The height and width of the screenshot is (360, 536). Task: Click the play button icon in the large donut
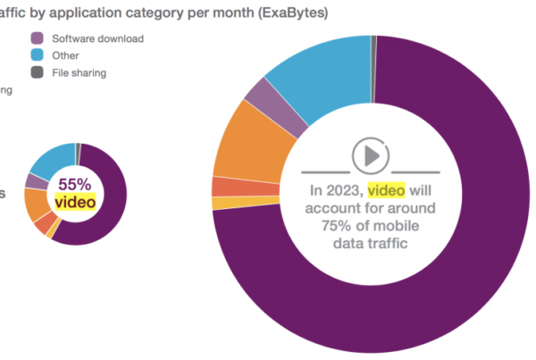coord(369,155)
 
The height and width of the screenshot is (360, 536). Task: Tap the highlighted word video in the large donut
coord(386,190)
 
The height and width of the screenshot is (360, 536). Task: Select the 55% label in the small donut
coord(74,183)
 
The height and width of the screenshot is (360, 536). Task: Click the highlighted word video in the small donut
coord(74,202)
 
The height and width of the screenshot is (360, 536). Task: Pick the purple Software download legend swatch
coord(38,39)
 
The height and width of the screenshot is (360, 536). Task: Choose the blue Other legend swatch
coord(38,56)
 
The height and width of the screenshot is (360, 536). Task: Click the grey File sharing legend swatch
coord(38,72)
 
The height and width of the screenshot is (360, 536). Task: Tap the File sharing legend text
coord(80,73)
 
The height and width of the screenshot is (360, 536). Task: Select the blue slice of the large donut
coord(322,76)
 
